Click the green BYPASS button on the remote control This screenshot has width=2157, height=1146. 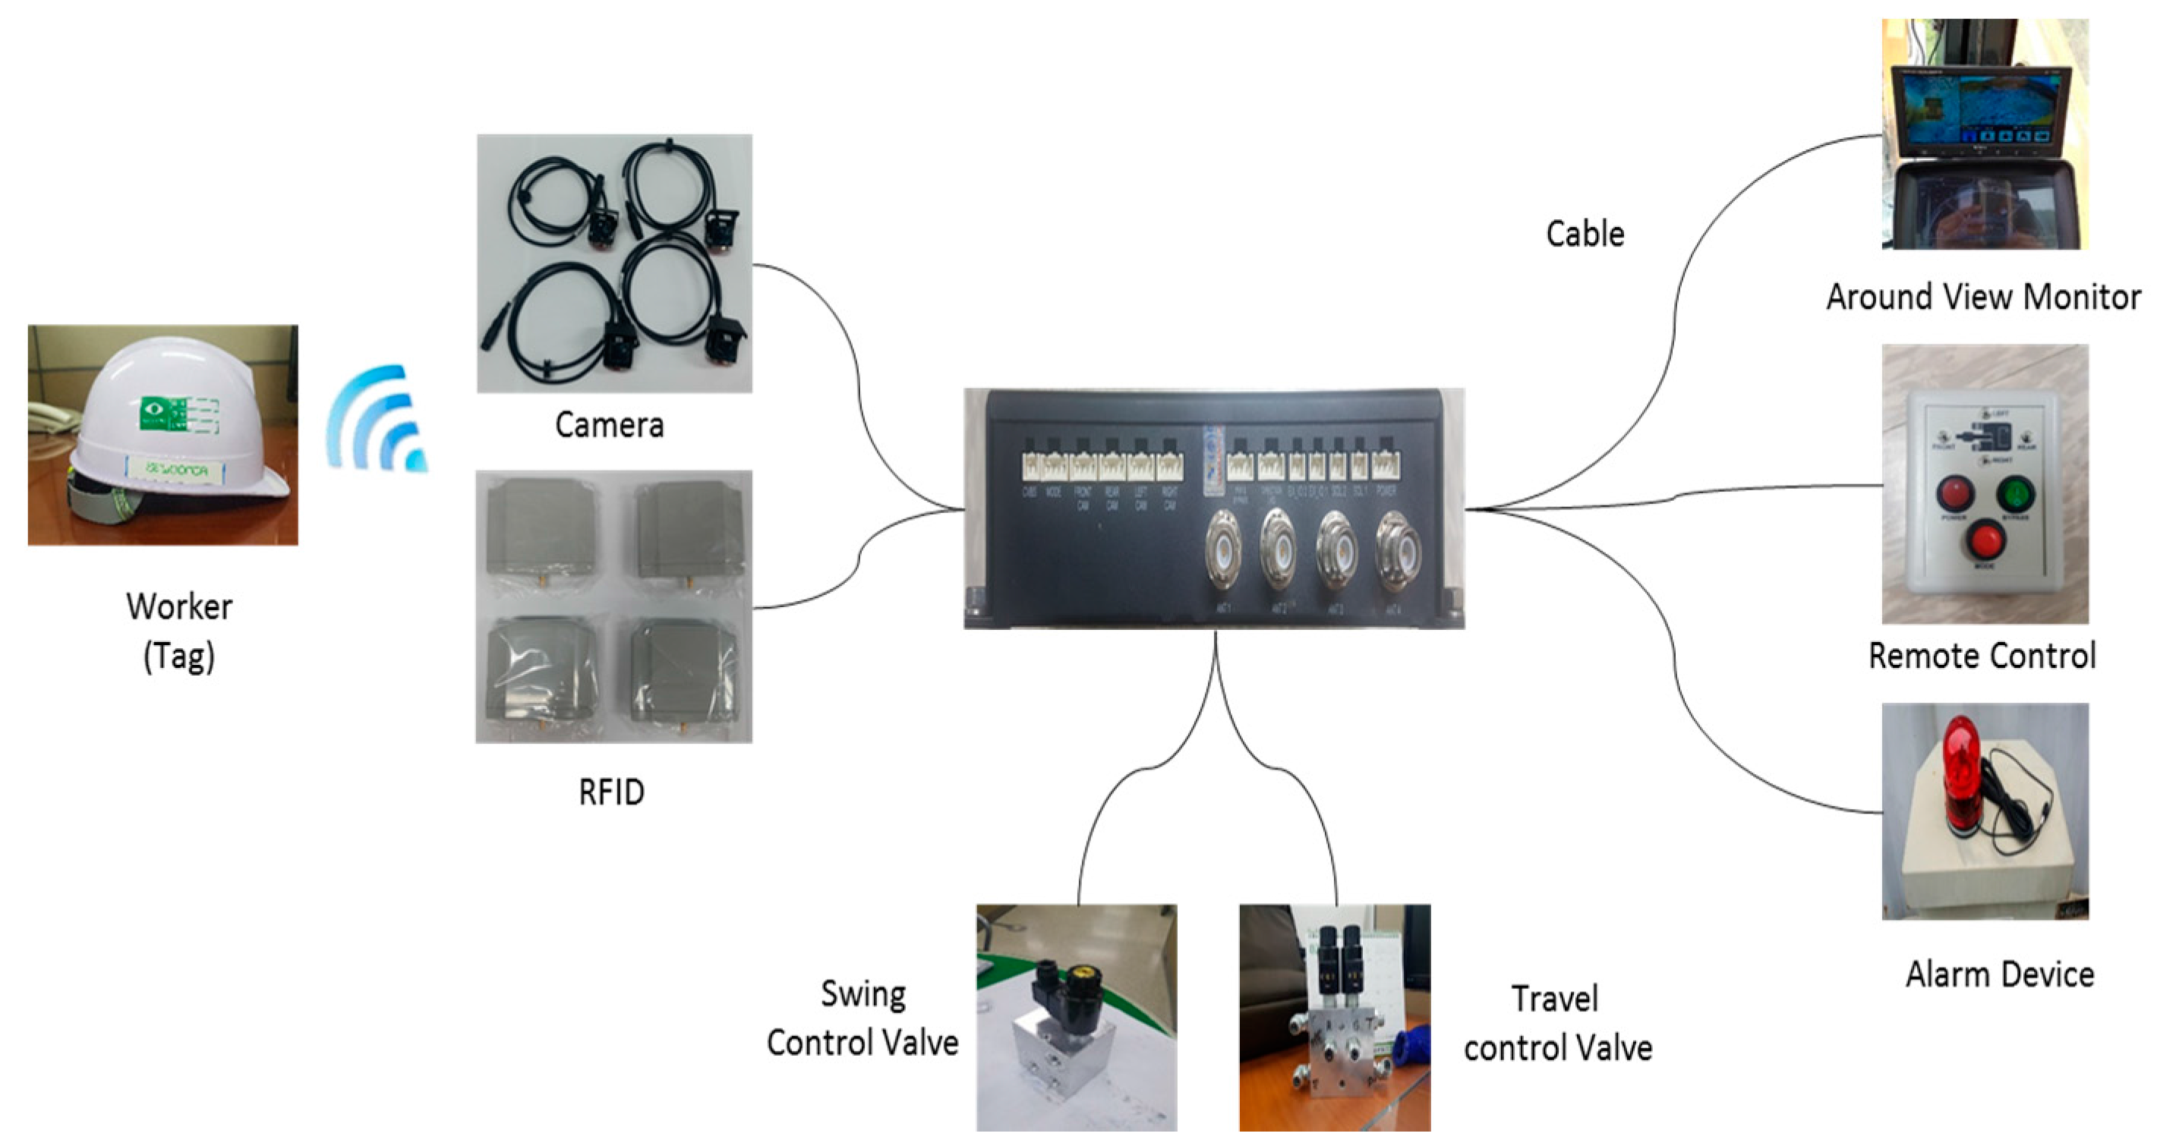(x=2013, y=494)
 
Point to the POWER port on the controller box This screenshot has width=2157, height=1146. (x=1385, y=466)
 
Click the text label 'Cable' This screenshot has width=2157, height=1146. (x=1585, y=235)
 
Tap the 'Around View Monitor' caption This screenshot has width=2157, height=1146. (x=1983, y=298)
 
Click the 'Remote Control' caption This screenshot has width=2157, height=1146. (x=1982, y=656)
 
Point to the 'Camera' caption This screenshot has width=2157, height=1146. (x=610, y=425)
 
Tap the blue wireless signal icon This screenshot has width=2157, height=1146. (x=377, y=418)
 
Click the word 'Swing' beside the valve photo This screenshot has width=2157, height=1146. (x=863, y=994)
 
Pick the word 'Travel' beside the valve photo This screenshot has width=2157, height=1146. (x=1555, y=1000)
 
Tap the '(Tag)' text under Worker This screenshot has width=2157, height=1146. (x=179, y=656)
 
